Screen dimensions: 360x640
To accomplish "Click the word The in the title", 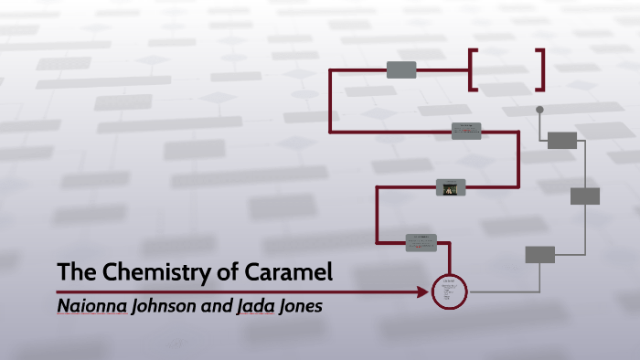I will [x=72, y=272].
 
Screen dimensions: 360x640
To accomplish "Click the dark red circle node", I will [x=448, y=291].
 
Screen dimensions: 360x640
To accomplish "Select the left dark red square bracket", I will [x=473, y=69].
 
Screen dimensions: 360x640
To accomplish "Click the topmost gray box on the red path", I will [x=401, y=69].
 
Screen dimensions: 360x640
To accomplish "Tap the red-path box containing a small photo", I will [x=450, y=187].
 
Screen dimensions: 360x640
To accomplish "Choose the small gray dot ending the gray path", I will [x=539, y=110].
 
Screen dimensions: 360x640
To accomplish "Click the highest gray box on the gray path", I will [x=562, y=140].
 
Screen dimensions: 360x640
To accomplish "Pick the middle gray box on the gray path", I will [x=585, y=196].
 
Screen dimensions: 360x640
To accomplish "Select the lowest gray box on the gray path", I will [x=539, y=254].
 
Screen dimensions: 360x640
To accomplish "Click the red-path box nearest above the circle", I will [x=421, y=242].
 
